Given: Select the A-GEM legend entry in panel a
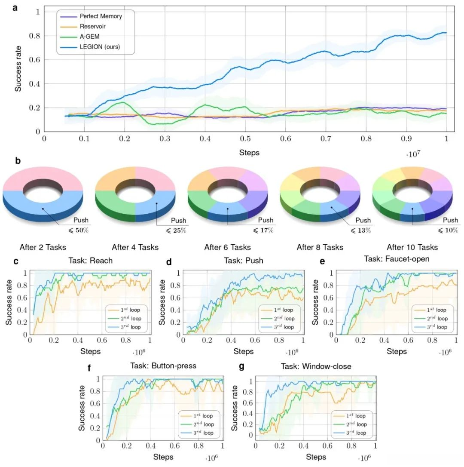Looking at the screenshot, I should click(90, 37).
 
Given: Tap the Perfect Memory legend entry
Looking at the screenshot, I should click(101, 16).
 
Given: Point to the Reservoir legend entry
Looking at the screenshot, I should click(92, 26).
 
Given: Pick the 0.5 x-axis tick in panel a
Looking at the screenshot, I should click(245, 139).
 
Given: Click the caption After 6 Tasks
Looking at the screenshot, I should click(227, 247).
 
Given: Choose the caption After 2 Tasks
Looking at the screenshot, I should click(43, 247).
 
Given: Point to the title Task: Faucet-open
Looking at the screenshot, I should click(397, 259).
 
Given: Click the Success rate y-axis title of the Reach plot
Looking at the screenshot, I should click(9, 301).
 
